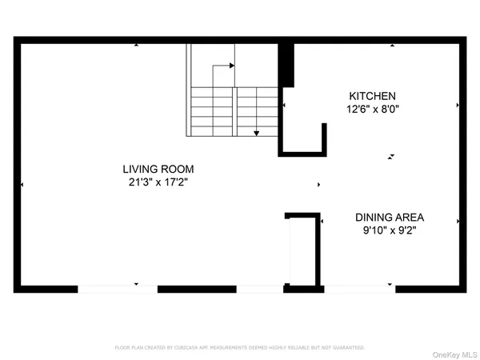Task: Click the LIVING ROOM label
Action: (x=158, y=169)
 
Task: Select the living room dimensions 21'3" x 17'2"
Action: (x=158, y=182)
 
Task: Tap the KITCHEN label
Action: (x=372, y=95)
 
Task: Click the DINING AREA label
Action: (x=390, y=217)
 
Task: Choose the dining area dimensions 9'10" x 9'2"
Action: (x=390, y=230)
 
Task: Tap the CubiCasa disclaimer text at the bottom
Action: (x=240, y=348)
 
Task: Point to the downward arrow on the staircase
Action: (x=256, y=132)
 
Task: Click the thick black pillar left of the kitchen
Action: (x=286, y=65)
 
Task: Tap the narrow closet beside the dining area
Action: (x=303, y=250)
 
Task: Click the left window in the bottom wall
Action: (x=107, y=287)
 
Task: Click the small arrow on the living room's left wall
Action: (x=22, y=185)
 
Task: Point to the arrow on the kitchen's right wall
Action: (x=458, y=105)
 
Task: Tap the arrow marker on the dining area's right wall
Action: (x=458, y=222)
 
